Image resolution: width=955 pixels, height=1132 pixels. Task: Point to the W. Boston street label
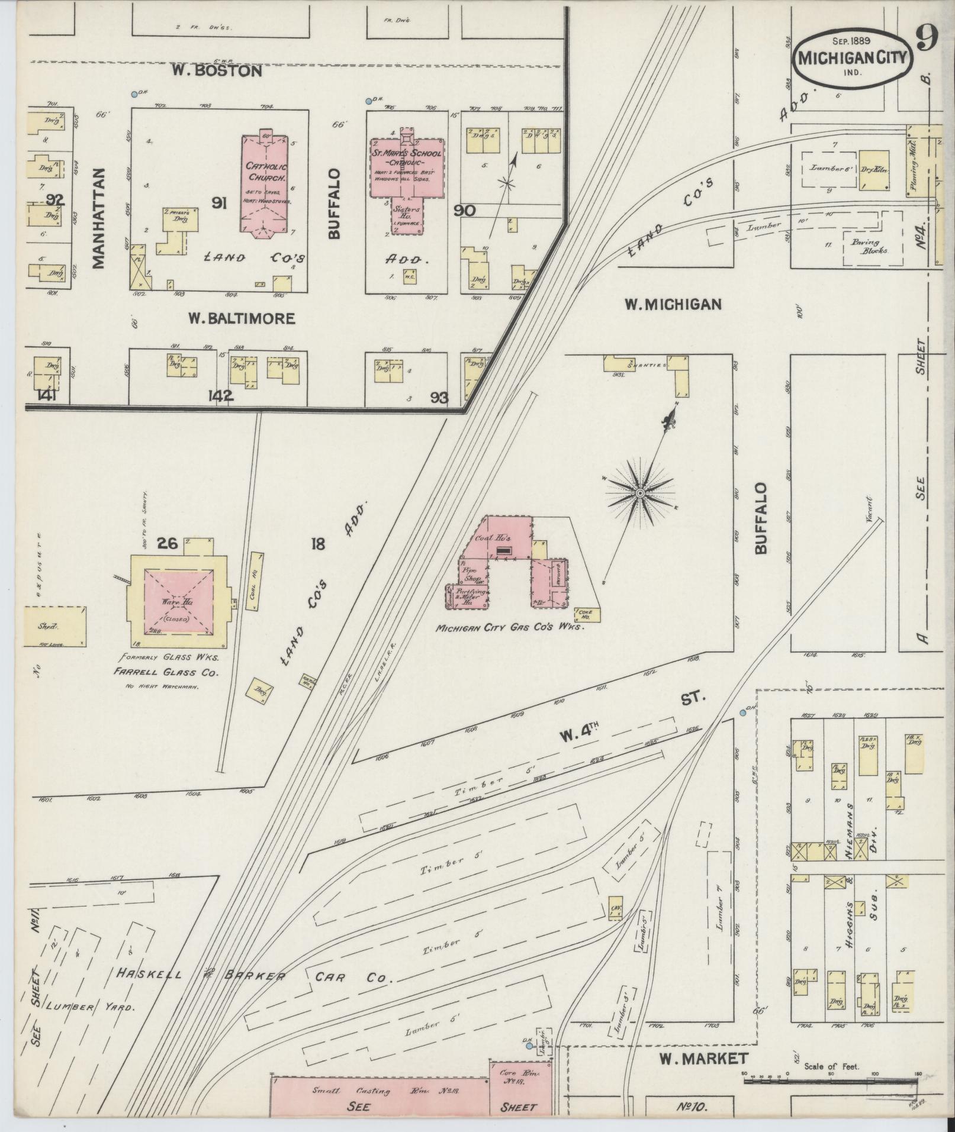217,71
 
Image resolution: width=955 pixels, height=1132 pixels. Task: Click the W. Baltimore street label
241,318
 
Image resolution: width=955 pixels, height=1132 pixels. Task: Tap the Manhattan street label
98,218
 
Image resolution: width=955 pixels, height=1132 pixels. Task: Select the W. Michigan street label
673,304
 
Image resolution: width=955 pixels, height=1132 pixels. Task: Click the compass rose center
640,493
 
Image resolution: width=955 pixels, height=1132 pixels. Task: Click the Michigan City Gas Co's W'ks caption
510,628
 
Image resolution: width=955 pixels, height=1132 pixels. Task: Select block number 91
219,204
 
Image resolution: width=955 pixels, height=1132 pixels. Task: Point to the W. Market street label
695,1058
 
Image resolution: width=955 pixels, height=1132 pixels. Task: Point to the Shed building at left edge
55,626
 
